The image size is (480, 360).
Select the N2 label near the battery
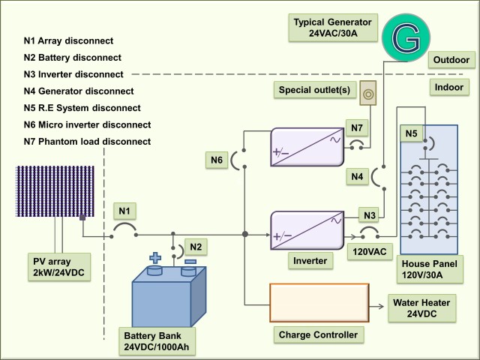194,245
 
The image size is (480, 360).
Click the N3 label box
368,214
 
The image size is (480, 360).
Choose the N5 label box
411,135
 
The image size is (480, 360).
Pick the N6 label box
217,159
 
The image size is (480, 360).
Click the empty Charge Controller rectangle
319,303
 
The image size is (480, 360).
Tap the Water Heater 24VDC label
421,309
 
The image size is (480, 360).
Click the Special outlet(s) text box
313,91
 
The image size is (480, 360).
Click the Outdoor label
451,60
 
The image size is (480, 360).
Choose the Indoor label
451,88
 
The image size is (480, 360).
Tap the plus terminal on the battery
155,259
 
